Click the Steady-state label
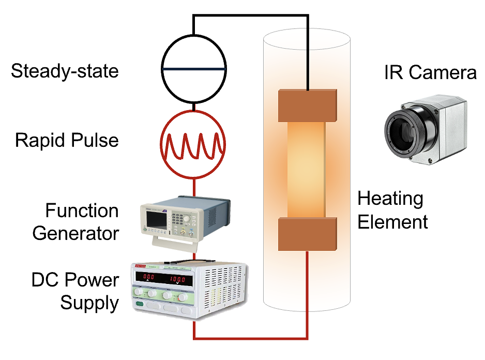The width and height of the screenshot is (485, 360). point(65,71)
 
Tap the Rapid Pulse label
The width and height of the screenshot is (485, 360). point(67,140)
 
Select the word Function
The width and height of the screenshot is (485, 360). point(82,211)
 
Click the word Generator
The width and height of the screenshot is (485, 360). point(75,233)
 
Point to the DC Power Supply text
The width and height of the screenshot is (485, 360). point(75,292)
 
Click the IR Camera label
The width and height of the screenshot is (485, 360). point(430,72)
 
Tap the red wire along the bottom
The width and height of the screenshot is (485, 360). point(251,339)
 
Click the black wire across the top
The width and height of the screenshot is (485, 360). point(251,16)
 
